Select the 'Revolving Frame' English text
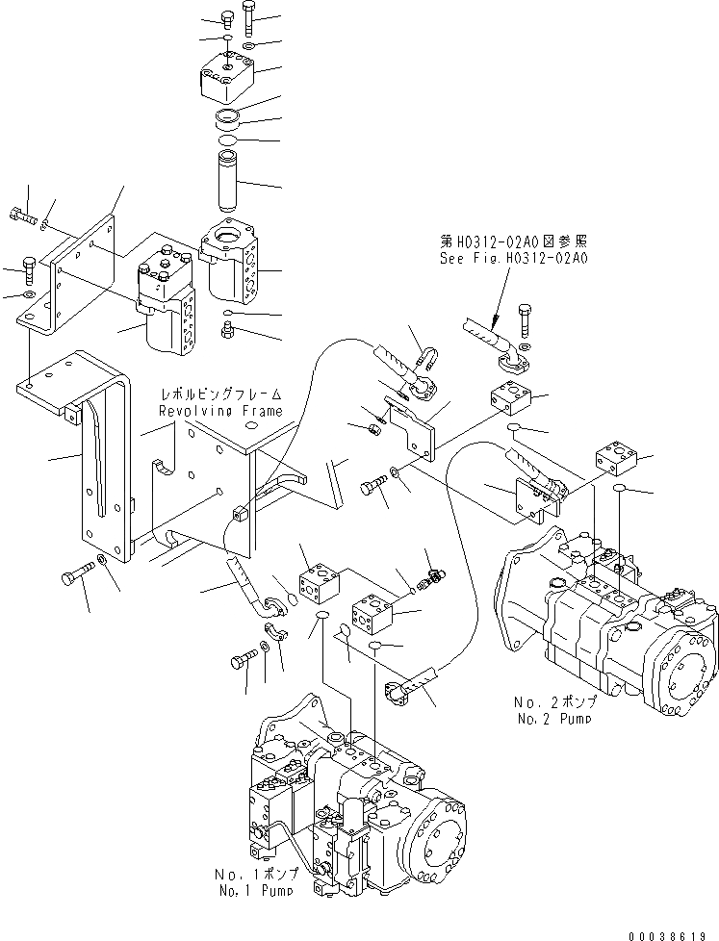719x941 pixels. point(221,411)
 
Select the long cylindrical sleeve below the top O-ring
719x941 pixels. point(230,176)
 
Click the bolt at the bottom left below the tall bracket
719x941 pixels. point(76,576)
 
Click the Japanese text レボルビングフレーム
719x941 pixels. point(222,394)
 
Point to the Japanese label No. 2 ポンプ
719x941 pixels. point(553,703)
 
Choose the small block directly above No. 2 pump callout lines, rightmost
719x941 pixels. point(611,459)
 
